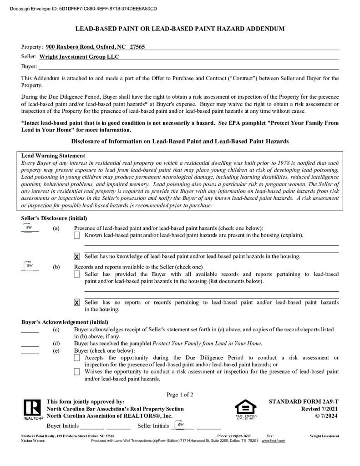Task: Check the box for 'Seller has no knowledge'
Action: point(77,257)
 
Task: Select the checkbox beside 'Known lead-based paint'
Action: point(77,235)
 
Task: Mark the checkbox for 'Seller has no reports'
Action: point(77,303)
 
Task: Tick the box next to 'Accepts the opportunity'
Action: point(77,358)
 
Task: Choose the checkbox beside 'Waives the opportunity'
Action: point(77,372)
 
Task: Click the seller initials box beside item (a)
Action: point(29,228)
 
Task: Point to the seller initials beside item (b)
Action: point(29,266)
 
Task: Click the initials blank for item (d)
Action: point(30,344)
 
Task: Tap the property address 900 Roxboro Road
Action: point(95,47)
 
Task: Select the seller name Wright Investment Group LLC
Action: point(79,57)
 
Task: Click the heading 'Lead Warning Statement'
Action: point(53,156)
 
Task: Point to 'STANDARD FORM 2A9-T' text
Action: point(304,402)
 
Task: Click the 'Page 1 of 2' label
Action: point(180,395)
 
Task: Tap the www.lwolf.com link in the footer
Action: point(273,441)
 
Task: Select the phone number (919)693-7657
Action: point(240,436)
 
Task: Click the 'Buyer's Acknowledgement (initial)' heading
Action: point(65,322)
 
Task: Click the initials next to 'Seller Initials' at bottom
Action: point(181,425)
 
